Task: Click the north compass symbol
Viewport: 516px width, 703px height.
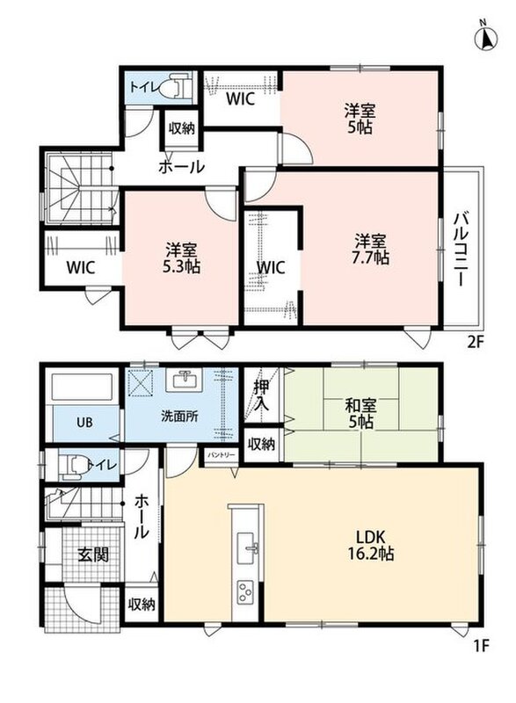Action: [x=485, y=38]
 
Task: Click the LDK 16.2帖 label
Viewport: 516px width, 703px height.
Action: [x=371, y=545]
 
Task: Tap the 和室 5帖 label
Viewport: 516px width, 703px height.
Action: [x=360, y=414]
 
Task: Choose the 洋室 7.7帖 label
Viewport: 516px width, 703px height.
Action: [x=371, y=250]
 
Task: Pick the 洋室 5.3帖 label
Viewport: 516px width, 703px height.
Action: [x=181, y=257]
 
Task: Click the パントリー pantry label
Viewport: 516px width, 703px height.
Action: [x=221, y=454]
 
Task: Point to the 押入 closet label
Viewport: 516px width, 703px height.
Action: [x=261, y=396]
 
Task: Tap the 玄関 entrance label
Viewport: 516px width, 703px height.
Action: [x=93, y=555]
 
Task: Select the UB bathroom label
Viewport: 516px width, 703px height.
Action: [x=84, y=422]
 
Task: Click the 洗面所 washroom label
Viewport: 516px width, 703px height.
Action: [x=180, y=417]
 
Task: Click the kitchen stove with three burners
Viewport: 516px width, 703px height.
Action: [x=245, y=591]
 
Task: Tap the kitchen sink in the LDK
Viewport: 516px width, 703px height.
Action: [x=246, y=548]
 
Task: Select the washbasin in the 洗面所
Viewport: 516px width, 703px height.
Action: [x=184, y=380]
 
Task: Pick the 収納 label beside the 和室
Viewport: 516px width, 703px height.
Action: [x=262, y=445]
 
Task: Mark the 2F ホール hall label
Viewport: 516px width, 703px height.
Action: [x=181, y=168]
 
